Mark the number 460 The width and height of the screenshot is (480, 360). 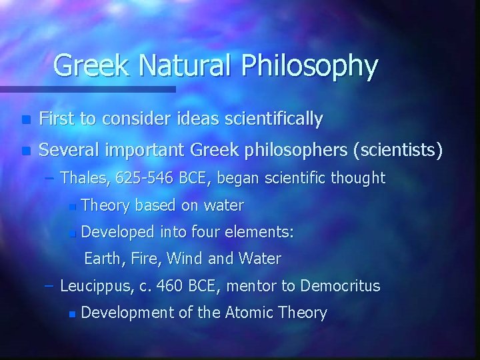coord(171,286)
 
